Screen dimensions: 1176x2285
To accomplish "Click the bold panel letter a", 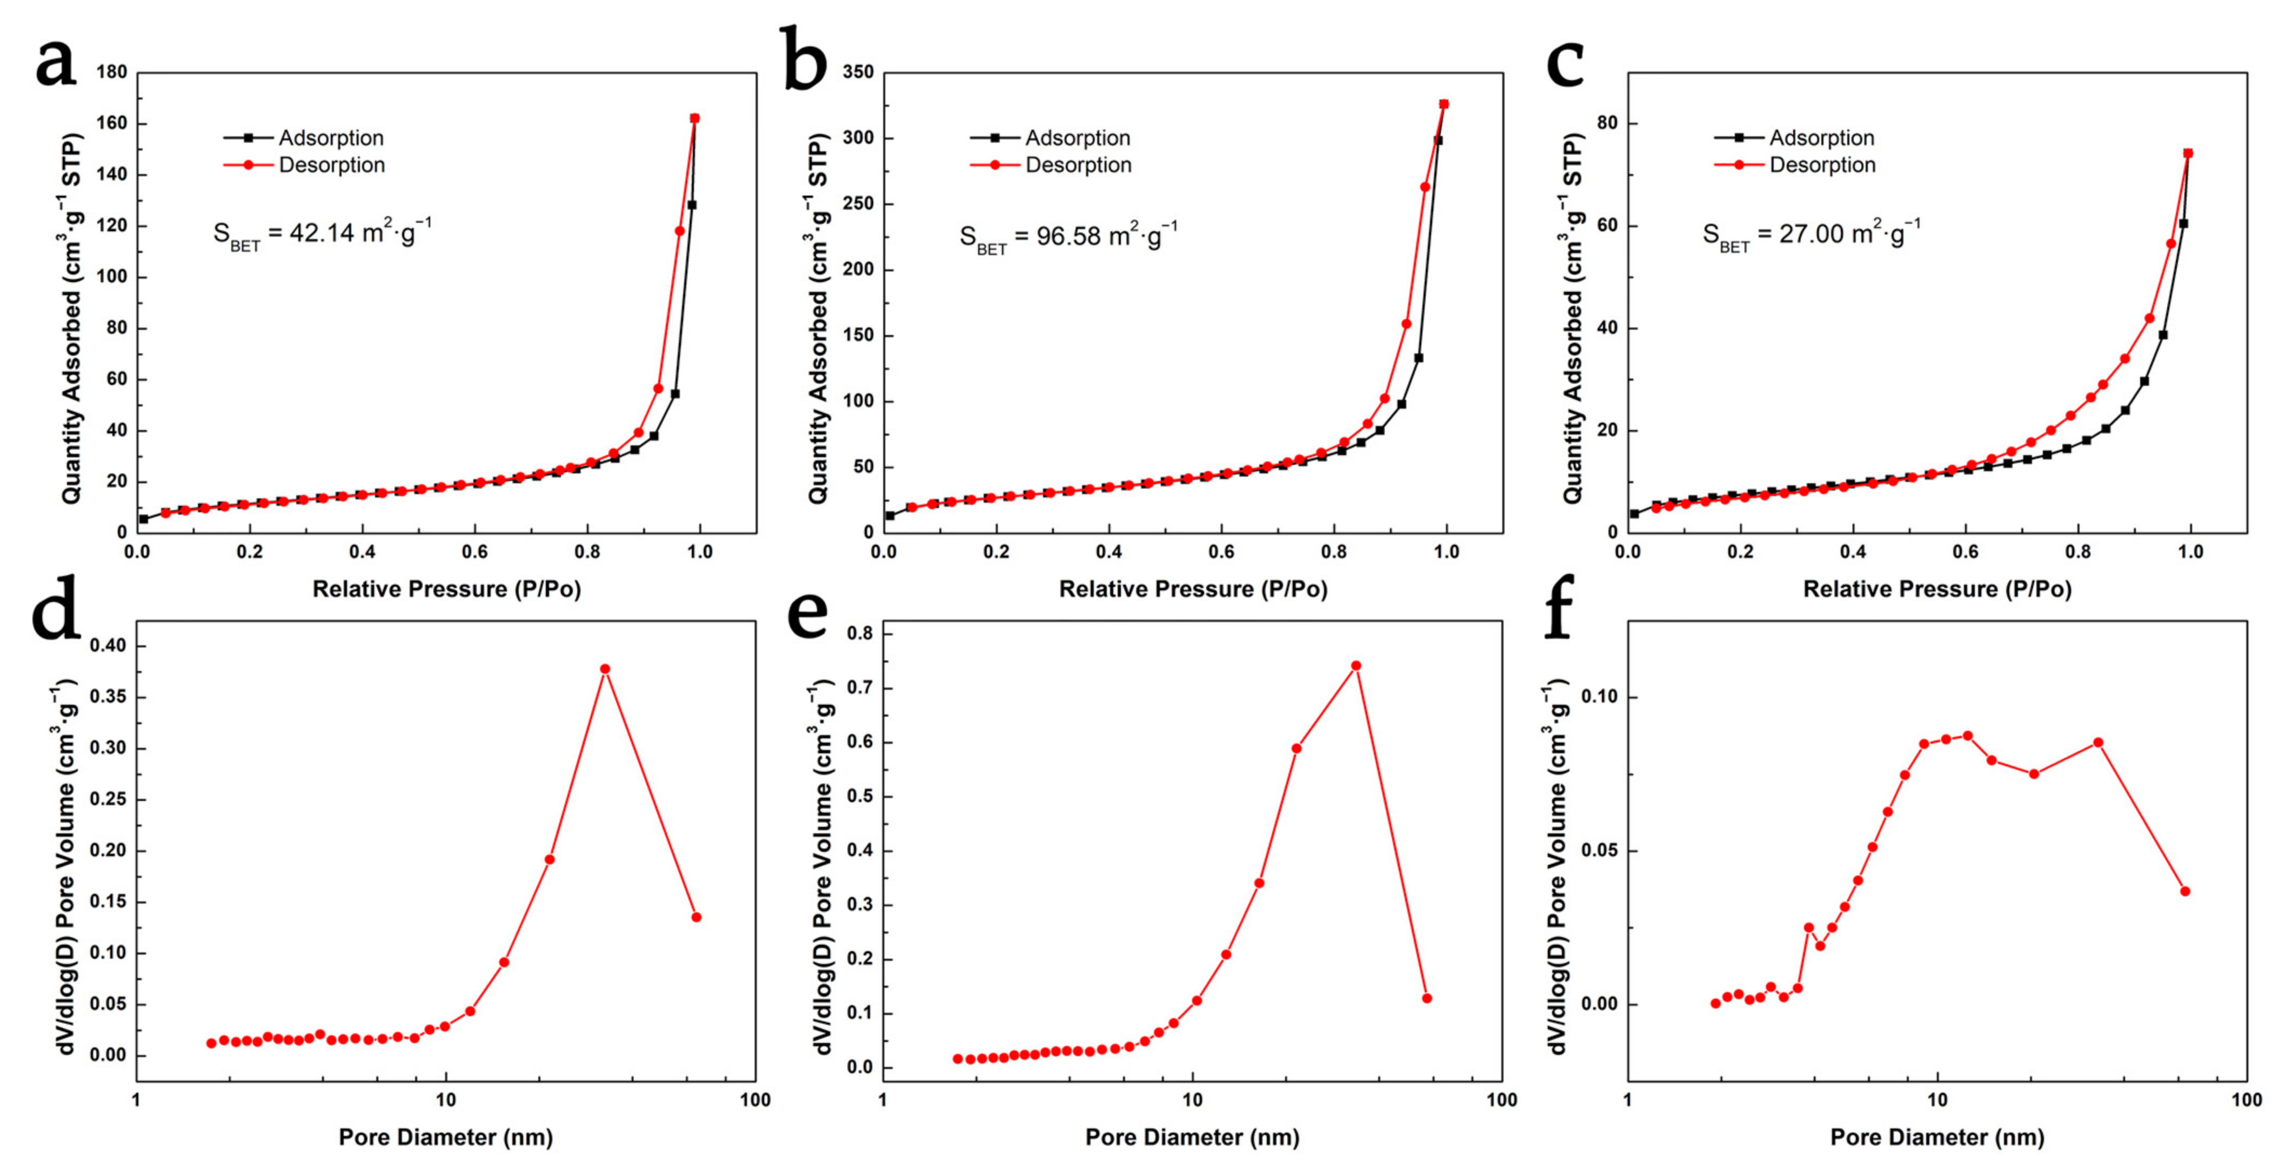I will point(56,64).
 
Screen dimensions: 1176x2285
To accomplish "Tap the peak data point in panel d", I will point(605,669).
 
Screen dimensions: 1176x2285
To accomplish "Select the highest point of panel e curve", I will point(1355,665).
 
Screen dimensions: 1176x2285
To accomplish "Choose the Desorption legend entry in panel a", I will point(331,165).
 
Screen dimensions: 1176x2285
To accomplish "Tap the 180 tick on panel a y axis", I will point(112,72).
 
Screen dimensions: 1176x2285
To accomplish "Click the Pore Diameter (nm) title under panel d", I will point(445,1137).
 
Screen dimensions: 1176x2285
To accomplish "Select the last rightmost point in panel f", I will point(2185,891).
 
